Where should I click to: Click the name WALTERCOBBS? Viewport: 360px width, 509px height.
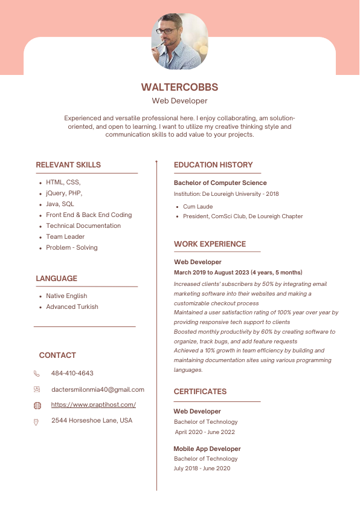point(179,88)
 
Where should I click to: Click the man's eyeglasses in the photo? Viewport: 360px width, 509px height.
point(167,31)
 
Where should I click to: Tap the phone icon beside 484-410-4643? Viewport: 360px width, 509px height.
point(37,374)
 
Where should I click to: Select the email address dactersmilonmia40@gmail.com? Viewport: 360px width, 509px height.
point(98,390)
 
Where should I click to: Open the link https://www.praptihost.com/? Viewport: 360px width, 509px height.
point(94,405)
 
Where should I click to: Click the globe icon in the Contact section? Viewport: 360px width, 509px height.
point(37,406)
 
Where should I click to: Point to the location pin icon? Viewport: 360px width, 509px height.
point(37,421)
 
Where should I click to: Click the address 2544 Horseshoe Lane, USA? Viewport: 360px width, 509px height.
point(92,421)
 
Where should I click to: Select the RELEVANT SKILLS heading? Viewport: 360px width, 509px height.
point(68,165)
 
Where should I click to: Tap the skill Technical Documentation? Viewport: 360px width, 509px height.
point(83,226)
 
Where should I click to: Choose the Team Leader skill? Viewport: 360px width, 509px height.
point(65,237)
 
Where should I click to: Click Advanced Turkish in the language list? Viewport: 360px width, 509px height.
point(72,307)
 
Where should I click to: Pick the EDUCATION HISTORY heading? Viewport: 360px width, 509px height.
point(213,165)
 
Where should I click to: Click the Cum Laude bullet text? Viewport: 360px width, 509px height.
point(198,207)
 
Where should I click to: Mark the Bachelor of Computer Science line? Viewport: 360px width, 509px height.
point(220,183)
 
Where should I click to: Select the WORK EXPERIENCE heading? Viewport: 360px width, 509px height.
point(210,244)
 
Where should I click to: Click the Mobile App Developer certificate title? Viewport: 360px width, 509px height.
point(207,449)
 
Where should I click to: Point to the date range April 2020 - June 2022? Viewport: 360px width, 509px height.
point(205,432)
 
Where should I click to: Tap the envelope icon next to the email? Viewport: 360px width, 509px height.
point(37,390)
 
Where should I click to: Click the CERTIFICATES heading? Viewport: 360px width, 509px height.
point(200,392)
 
